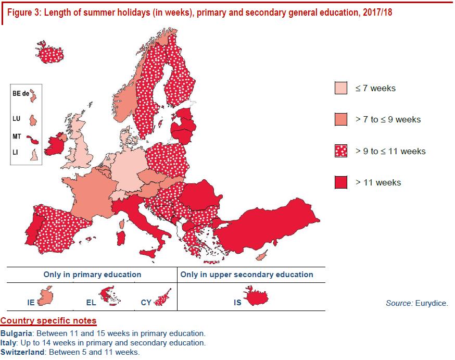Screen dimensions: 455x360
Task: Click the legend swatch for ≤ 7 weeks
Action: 340,88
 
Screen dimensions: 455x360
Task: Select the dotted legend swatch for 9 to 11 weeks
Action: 340,151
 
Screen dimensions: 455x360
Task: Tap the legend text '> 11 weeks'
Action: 378,182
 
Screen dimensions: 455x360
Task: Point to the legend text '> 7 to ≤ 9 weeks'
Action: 388,119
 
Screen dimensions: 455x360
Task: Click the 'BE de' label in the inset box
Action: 21,93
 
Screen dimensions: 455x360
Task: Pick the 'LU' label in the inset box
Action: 16,118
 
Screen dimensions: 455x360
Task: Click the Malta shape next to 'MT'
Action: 32,140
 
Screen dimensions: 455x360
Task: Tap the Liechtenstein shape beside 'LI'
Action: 34,155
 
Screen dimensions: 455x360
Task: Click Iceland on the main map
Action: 50,53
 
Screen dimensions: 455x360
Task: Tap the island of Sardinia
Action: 121,238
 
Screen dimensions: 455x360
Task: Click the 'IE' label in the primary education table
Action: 31,303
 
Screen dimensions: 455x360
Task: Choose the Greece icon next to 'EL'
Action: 109,295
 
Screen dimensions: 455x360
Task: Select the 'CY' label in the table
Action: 146,303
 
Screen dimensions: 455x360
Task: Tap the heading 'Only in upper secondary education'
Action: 247,275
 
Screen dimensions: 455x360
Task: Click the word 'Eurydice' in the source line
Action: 432,303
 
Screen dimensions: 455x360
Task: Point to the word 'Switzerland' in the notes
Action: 22,352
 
